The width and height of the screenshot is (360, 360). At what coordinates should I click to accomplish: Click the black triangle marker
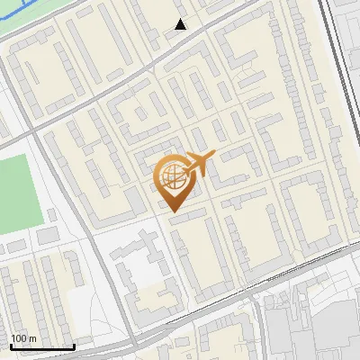180,24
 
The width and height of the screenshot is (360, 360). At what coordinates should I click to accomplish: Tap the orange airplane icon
198,164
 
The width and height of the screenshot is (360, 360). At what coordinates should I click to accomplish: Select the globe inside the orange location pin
171,177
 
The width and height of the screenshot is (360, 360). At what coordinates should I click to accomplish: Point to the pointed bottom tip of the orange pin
171,211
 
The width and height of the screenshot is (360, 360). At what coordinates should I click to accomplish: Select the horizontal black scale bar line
42,346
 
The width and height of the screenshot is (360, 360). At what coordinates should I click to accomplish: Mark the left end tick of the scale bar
11,345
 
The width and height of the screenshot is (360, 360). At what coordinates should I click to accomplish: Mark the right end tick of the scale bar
75,345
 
